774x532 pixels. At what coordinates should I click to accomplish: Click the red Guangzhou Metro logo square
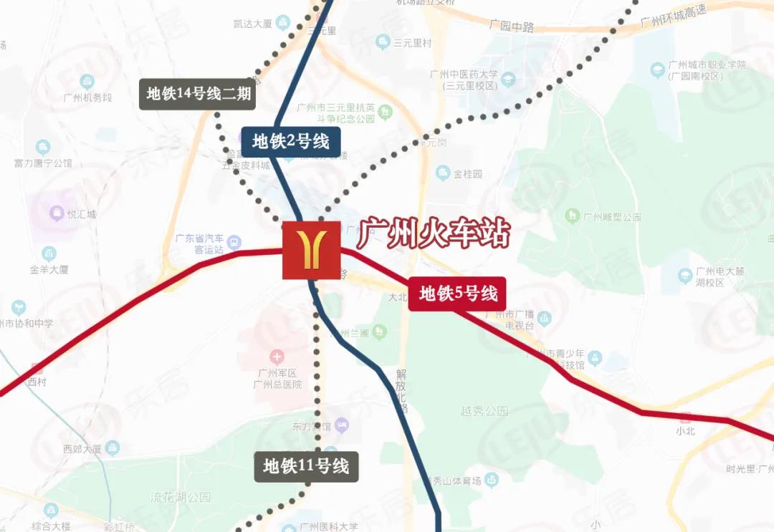310,250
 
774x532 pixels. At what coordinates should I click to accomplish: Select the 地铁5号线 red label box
457,294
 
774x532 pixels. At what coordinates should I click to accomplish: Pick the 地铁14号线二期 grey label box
197,94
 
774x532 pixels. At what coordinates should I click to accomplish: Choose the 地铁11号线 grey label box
305,467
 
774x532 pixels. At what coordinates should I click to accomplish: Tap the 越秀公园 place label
484,411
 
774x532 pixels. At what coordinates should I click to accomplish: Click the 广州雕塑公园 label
611,216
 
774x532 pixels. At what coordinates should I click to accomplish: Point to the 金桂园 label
468,174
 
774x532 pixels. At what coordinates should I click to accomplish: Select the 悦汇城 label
81,213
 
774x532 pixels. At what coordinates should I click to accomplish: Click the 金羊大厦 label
49,270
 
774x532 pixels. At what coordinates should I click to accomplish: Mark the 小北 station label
685,431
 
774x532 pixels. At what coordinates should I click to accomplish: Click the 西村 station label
37,382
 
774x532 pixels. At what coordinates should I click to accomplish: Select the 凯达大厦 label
252,24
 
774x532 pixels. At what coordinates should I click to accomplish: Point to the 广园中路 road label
512,26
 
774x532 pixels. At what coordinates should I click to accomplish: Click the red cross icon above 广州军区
277,357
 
